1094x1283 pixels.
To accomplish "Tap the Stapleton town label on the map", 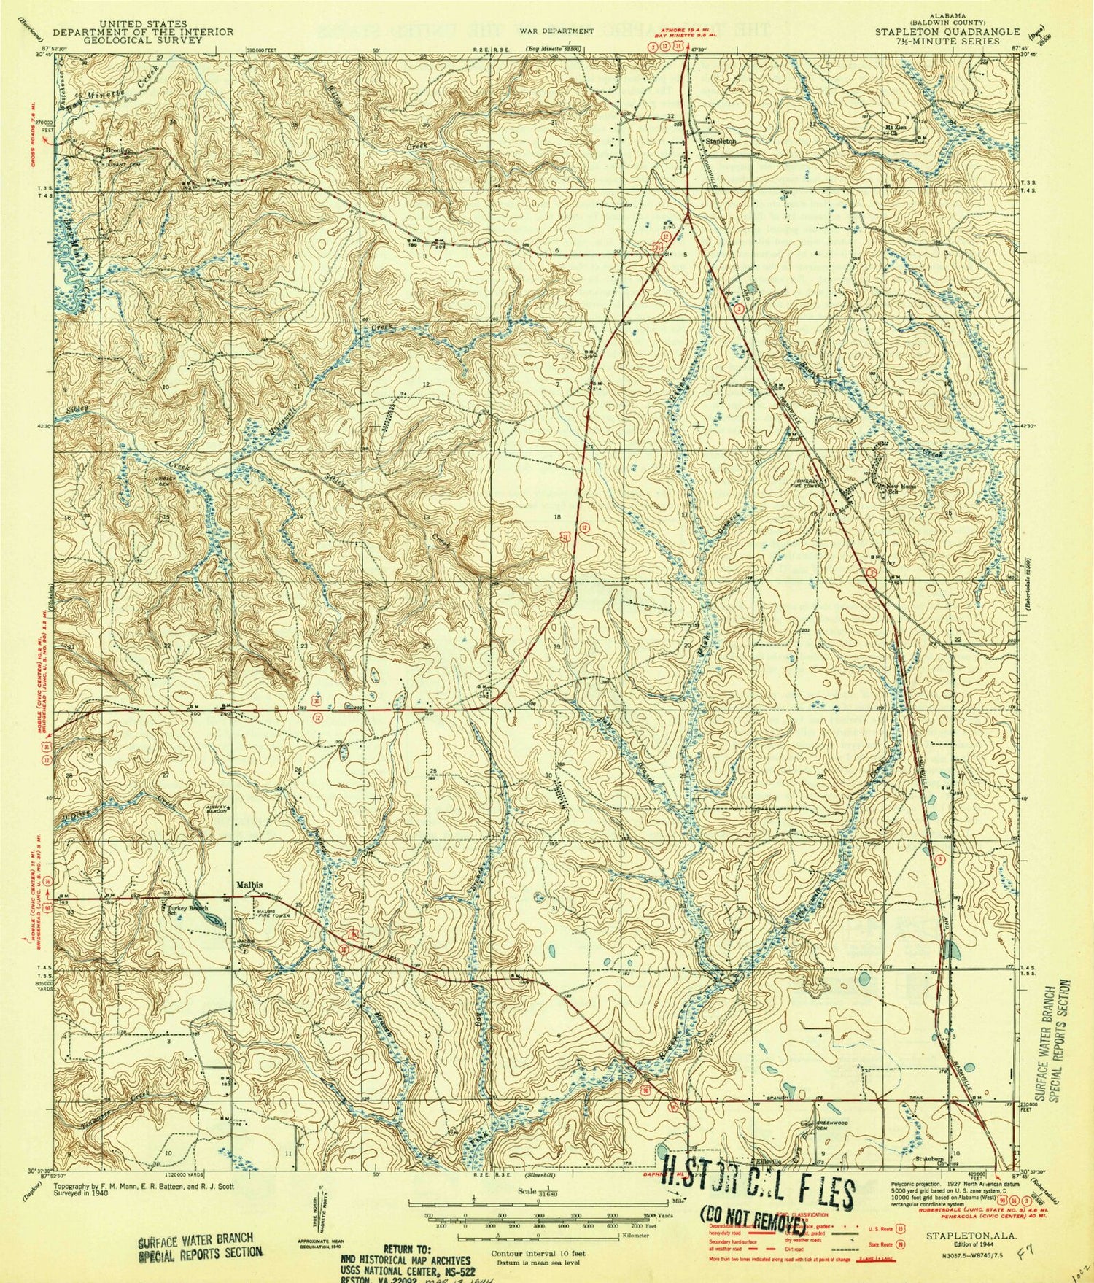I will click(720, 141).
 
